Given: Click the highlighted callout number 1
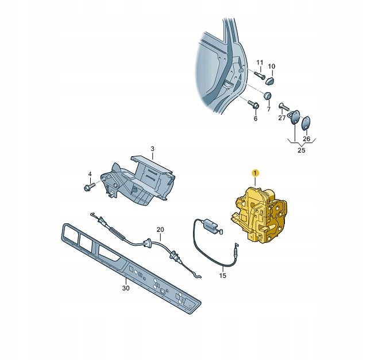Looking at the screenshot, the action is [x=255, y=173].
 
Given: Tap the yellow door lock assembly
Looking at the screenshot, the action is [x=260, y=215].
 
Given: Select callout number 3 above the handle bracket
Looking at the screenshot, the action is [x=152, y=149].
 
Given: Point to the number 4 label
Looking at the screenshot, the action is [x=90, y=174].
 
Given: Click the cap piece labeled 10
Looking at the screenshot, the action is [x=270, y=80].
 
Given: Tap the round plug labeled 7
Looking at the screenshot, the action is [x=268, y=96].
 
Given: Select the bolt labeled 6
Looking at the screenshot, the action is [x=253, y=104].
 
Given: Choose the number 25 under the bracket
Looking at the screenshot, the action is [x=302, y=150].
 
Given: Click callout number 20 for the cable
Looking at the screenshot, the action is [x=160, y=230].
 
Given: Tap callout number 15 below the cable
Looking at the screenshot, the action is [x=223, y=276].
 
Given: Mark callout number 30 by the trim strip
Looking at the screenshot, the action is [x=126, y=288].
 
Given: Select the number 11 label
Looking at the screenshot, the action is [x=260, y=63].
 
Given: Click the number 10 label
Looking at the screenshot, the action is [x=271, y=66].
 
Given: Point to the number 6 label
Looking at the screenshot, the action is [x=256, y=119].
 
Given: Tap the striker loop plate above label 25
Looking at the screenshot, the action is [x=295, y=117].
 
